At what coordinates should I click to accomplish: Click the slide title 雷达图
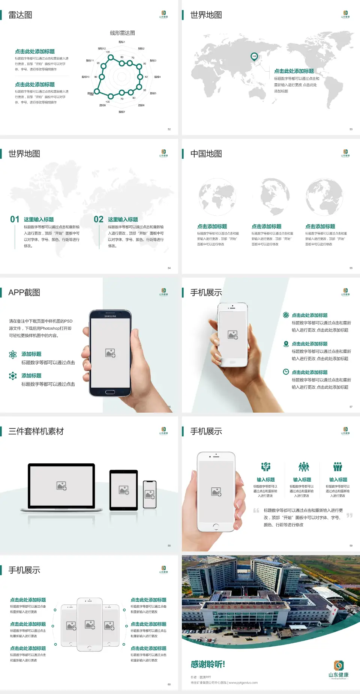click(20, 15)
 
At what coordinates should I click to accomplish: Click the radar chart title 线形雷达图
click(122, 33)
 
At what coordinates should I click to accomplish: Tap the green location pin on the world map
click(254, 57)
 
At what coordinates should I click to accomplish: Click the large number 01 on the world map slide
click(15, 219)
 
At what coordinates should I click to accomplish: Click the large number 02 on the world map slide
click(99, 219)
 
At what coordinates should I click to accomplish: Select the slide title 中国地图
click(206, 154)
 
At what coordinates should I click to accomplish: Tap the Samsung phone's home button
click(110, 392)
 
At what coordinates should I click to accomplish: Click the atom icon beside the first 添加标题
click(13, 355)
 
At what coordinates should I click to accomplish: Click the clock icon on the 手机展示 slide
click(286, 372)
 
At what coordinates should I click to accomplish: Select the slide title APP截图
click(24, 293)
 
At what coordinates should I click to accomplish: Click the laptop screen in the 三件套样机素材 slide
click(61, 486)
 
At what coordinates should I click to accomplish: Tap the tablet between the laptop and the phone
click(124, 490)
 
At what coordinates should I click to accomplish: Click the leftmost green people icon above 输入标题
click(265, 467)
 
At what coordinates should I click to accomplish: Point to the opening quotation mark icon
click(256, 510)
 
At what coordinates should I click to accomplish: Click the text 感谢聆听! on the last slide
click(208, 664)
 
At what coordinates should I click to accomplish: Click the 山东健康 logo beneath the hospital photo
click(339, 670)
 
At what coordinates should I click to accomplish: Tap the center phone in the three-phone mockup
click(90, 624)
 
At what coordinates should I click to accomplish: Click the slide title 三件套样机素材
click(36, 431)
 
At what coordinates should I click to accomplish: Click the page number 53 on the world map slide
click(351, 129)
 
